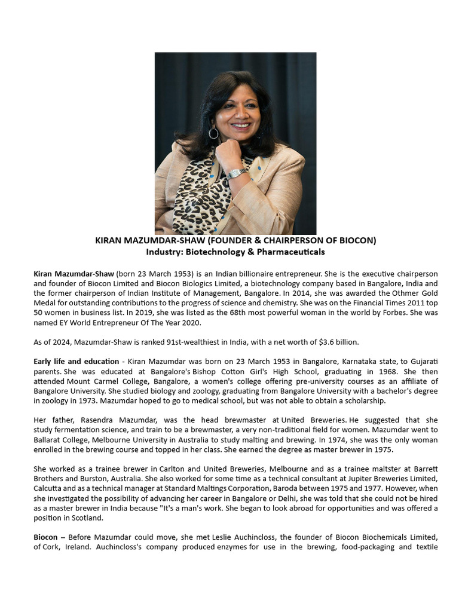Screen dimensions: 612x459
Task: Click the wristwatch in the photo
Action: [x=237, y=174]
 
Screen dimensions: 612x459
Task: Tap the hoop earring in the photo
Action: [x=213, y=133]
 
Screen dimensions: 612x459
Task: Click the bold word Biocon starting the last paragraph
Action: [x=45, y=537]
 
